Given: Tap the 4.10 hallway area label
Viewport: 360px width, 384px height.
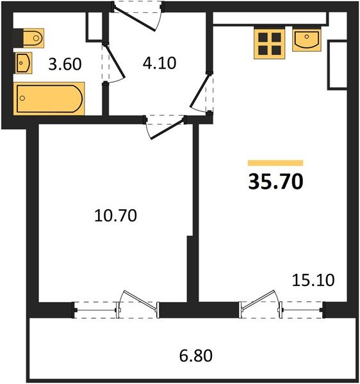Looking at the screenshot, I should (x=158, y=63).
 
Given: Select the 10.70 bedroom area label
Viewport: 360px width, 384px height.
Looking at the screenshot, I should (x=116, y=215).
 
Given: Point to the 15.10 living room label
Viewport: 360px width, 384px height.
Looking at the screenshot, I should (x=313, y=280).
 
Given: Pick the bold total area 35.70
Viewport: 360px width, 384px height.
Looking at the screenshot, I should (x=275, y=182).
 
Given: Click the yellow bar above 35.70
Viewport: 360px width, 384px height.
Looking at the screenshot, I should (x=275, y=163).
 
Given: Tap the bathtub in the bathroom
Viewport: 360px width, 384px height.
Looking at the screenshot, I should (x=50, y=99).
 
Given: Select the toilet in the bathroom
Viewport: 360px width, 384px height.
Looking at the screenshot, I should (x=29, y=38).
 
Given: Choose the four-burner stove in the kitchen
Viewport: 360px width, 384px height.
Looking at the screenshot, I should (x=268, y=43).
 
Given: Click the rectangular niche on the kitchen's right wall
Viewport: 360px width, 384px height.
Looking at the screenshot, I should (x=337, y=65).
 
